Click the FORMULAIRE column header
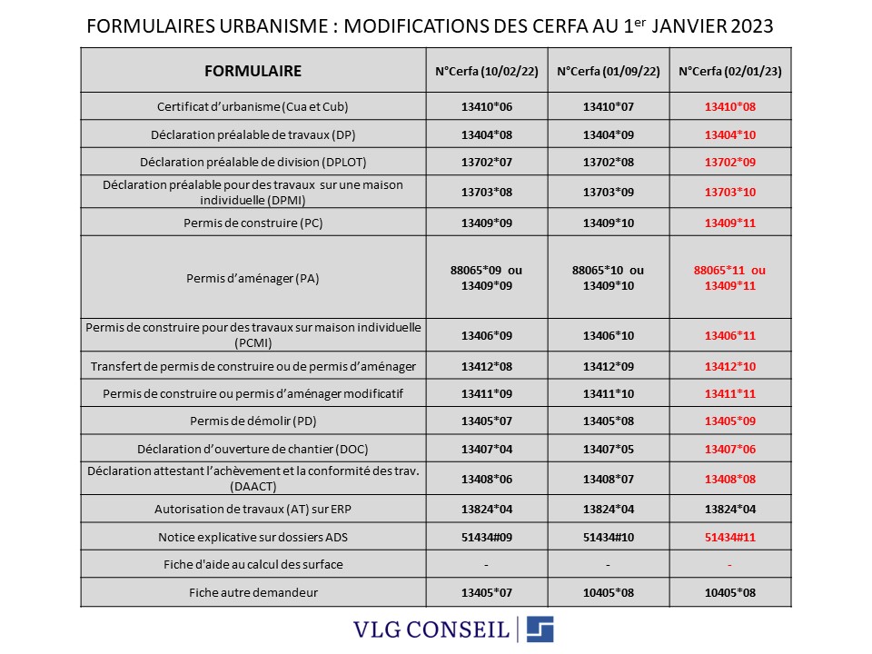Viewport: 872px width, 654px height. pos(253,71)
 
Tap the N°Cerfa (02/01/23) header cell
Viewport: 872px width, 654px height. pos(730,71)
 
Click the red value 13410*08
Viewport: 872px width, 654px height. pos(730,107)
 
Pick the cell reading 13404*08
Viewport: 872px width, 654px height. pos(487,134)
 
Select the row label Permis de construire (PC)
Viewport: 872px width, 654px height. pos(253,223)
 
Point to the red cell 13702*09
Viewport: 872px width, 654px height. pos(730,163)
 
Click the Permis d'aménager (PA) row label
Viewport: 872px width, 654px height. pos(253,278)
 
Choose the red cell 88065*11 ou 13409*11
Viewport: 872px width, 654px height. pos(730,278)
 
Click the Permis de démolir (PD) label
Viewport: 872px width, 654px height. pos(253,421)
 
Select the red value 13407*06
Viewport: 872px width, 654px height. pos(730,449)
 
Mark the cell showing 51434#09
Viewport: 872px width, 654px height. pos(487,537)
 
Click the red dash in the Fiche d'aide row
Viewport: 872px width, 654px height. pos(730,564)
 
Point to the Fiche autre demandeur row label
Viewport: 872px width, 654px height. pos(253,593)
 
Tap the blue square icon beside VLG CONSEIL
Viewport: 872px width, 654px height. pos(540,629)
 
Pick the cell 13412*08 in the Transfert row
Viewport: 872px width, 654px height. pos(487,366)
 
